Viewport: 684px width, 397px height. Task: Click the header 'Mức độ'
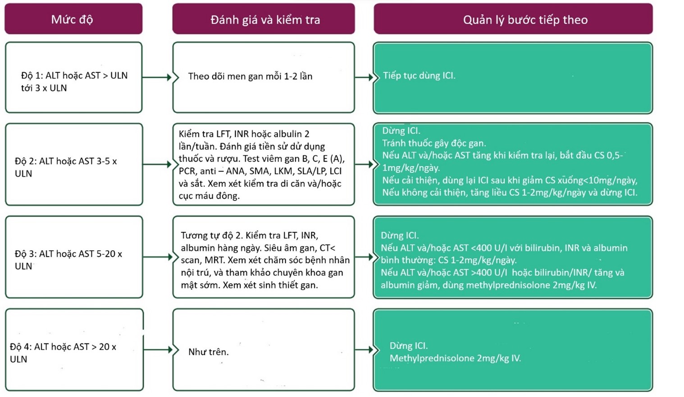[x=73, y=19]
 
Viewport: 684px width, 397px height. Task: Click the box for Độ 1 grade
[x=73, y=77]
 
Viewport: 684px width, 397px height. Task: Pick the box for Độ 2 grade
[x=73, y=164]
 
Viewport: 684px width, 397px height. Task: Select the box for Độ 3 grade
[x=73, y=257]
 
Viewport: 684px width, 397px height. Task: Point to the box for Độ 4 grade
[x=73, y=350]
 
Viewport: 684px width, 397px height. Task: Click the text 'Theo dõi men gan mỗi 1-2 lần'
[x=250, y=77]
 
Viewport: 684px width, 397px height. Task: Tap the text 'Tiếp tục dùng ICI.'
[x=419, y=76]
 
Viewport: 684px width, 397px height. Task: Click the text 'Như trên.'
[x=208, y=352]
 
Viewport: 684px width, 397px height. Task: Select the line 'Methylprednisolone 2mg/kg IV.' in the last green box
[x=455, y=358]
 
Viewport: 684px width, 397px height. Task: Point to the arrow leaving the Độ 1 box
[x=157, y=77]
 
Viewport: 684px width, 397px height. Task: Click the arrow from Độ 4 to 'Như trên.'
[x=158, y=350]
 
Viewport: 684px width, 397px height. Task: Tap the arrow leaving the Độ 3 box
[x=158, y=257]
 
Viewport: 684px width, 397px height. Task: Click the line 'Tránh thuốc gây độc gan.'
[x=434, y=143]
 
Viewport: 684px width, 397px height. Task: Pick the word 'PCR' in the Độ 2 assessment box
[x=187, y=171]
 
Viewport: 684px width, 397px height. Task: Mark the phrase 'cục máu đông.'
[x=209, y=196]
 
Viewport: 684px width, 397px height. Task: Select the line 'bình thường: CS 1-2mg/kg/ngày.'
[x=448, y=260]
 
